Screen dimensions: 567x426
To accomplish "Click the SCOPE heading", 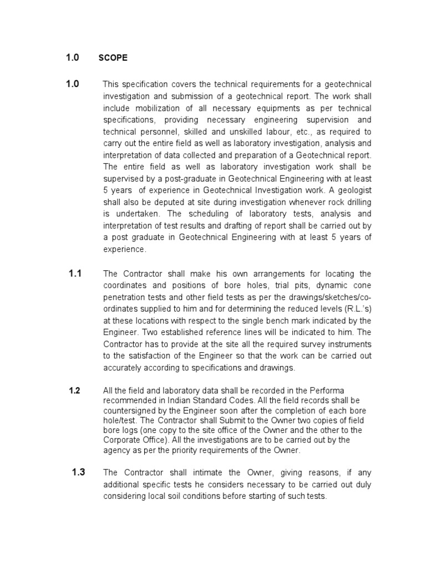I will [x=113, y=58].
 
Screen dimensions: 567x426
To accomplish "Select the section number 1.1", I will [x=75, y=274].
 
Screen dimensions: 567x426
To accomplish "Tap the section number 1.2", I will [x=75, y=390].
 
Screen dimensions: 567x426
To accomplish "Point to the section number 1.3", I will [x=78, y=472].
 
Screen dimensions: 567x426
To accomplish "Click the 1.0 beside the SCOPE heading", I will [x=73, y=57].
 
